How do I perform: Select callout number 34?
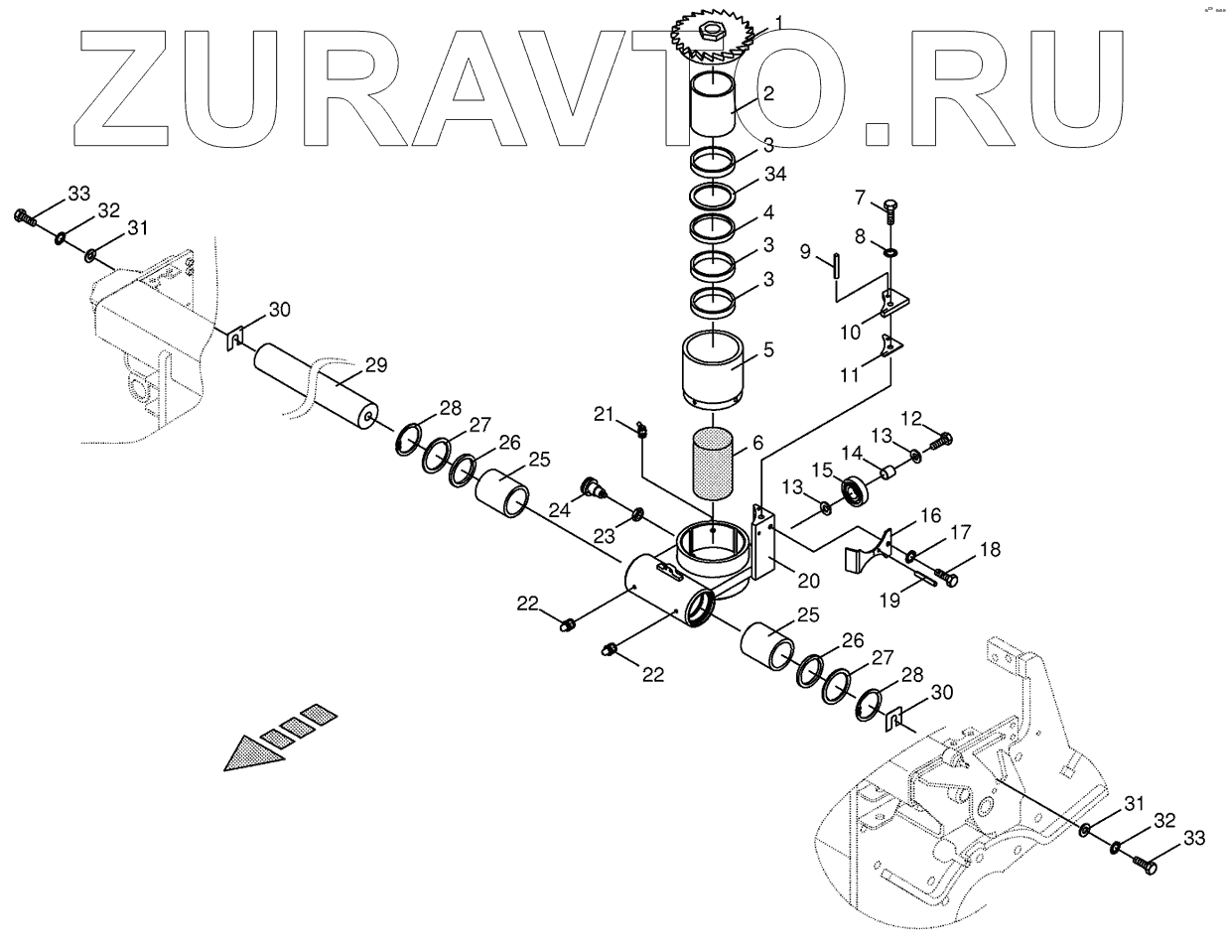775,175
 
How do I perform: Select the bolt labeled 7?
890,211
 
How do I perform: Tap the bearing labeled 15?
854,488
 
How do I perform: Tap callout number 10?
851,332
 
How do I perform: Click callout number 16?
930,516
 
